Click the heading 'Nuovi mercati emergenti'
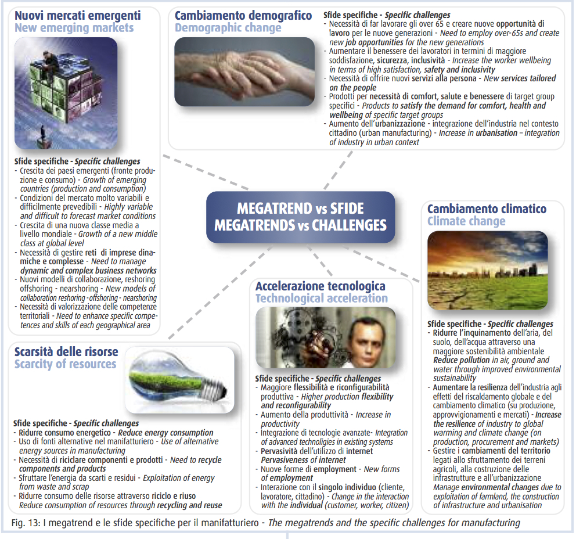pos(77,16)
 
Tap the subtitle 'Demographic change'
pos(228,28)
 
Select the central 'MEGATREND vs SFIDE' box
pos(300,217)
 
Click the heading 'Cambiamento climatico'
pos(487,209)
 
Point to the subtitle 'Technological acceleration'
pos(321,299)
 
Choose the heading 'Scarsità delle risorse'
pos(66,352)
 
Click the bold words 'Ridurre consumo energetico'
pos(64,433)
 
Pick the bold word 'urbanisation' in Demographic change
pos(496,133)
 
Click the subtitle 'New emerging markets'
pos(74,28)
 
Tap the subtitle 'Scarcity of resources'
pos(65,365)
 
